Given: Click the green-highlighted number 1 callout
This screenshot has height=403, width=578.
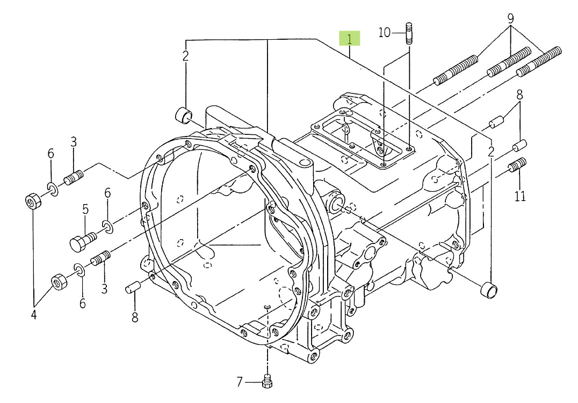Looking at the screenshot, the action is tap(350, 38).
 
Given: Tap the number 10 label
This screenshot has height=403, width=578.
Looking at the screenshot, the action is tap(385, 33).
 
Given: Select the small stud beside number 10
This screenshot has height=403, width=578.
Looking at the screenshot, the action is tap(409, 33).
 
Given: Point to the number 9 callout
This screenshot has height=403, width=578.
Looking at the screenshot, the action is tap(510, 18).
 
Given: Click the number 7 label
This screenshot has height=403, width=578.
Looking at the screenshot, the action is tap(240, 382).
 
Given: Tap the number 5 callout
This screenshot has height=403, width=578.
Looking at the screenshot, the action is tap(85, 210).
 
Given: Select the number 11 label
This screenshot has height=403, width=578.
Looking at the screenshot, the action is tap(520, 196).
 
